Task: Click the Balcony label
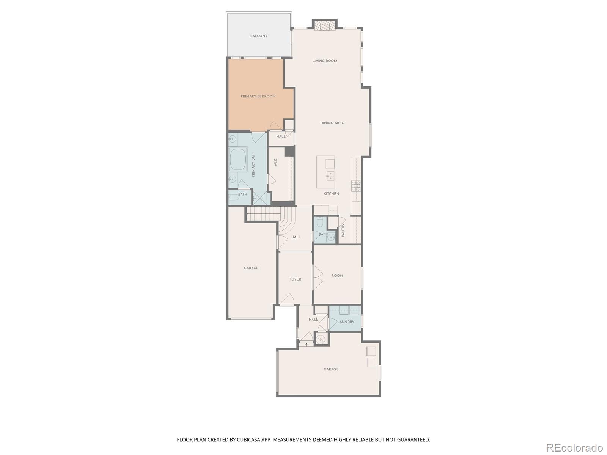tap(259, 36)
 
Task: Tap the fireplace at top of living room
tap(325, 26)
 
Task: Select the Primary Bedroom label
tap(258, 96)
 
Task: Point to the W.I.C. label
tap(276, 162)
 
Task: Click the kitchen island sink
tap(331, 176)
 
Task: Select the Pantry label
tap(343, 230)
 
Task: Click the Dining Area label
tap(332, 123)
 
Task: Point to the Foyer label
tap(295, 279)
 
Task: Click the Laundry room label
tap(346, 322)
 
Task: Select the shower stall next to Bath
tap(260, 198)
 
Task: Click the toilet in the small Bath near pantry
tap(320, 222)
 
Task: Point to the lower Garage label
tap(331, 369)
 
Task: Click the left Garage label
tap(251, 268)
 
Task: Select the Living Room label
tap(324, 61)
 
